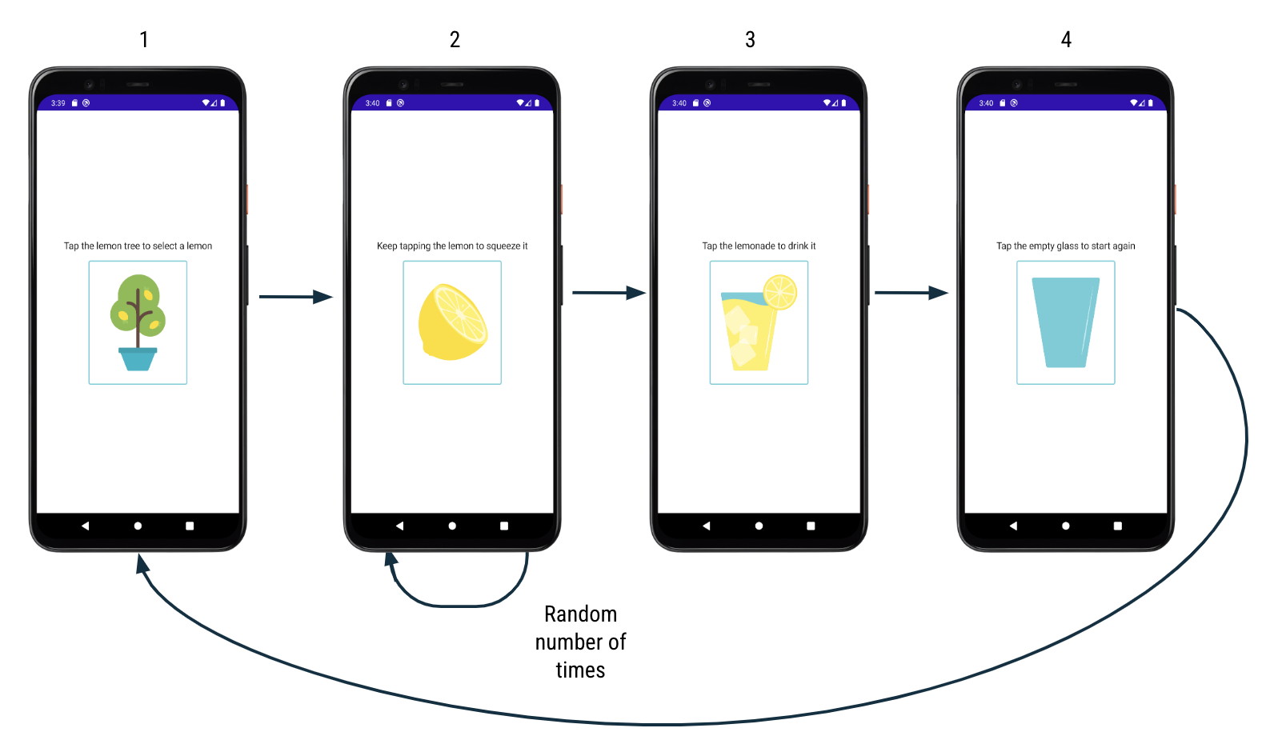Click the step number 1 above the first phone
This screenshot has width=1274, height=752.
pyautogui.click(x=144, y=40)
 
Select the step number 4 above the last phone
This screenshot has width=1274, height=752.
pyautogui.click(x=1066, y=40)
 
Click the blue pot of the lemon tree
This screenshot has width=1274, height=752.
pyautogui.click(x=138, y=358)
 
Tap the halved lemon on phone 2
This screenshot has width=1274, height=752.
pyautogui.click(x=452, y=322)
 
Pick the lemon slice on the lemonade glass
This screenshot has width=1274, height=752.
pyautogui.click(x=779, y=292)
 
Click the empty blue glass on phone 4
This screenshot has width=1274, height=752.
pyautogui.click(x=1065, y=322)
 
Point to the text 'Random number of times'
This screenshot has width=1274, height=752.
pyautogui.click(x=580, y=642)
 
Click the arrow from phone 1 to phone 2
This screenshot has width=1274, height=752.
pyautogui.click(x=294, y=297)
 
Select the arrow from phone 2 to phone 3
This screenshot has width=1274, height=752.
pyautogui.click(x=607, y=293)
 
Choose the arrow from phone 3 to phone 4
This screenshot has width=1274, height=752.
pyautogui.click(x=911, y=293)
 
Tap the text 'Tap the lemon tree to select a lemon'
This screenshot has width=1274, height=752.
pyautogui.click(x=138, y=246)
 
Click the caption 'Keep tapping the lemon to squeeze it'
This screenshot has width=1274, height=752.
pyautogui.click(x=452, y=246)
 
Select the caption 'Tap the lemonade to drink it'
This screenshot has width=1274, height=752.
pyautogui.click(x=759, y=246)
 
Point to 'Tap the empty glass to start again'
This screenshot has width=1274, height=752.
pyautogui.click(x=1065, y=246)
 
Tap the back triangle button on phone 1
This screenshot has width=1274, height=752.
pyautogui.click(x=85, y=526)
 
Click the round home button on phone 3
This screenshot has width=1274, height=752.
pyautogui.click(x=759, y=526)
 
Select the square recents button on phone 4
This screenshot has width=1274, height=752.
pyautogui.click(x=1117, y=526)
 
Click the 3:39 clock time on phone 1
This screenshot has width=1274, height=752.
pyautogui.click(x=58, y=103)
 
